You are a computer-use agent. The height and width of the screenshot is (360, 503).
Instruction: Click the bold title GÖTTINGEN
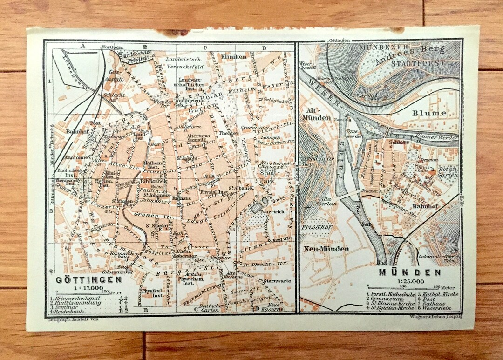89,280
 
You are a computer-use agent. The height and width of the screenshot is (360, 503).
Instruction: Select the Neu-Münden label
326,249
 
